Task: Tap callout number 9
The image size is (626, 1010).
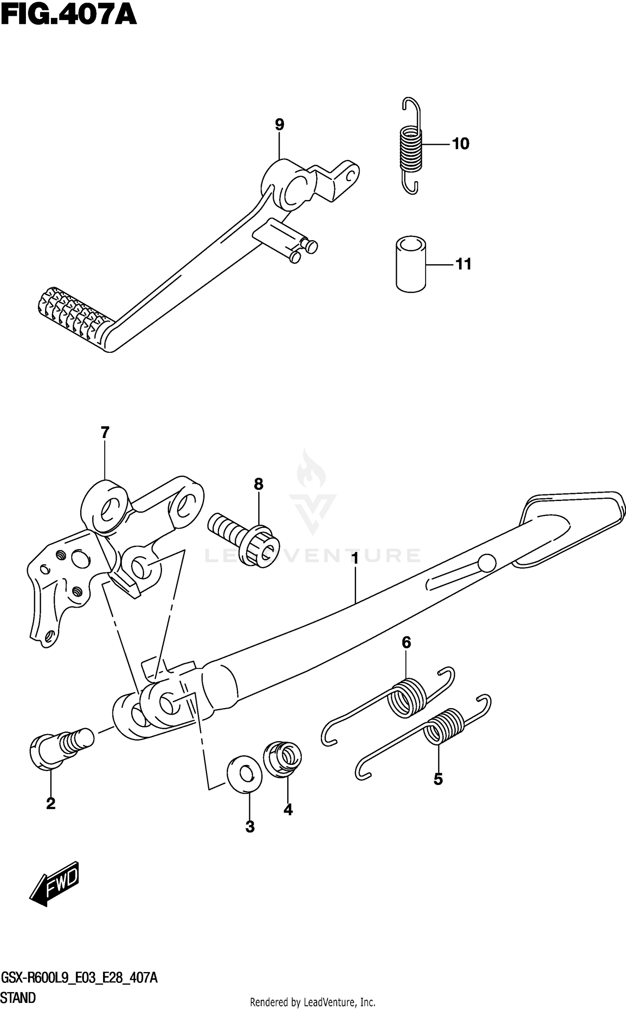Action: pos(279,124)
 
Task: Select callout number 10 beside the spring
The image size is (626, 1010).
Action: pos(461,144)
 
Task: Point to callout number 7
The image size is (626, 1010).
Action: pos(104,432)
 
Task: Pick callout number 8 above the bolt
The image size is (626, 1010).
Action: pos(258,484)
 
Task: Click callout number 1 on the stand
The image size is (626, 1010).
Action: pos(355,559)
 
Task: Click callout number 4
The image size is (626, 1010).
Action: pos(288,810)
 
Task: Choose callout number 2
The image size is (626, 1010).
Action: pos(50,803)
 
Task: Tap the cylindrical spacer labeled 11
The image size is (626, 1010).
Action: pos(411,264)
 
